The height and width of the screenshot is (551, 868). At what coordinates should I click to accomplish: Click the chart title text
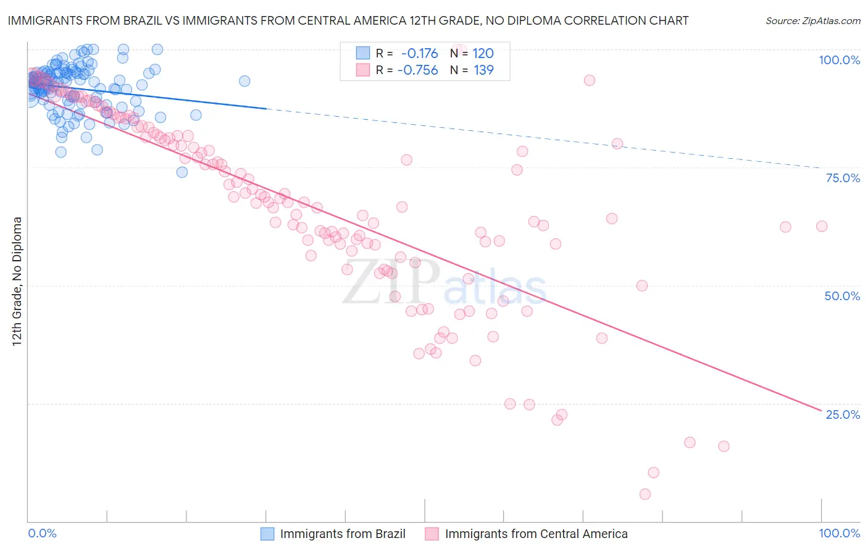(x=348, y=20)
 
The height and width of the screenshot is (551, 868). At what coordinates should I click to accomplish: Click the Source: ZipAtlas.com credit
(x=812, y=20)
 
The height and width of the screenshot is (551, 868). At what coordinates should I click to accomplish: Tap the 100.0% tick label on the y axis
(x=839, y=60)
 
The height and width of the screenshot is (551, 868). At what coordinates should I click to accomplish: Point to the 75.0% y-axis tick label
(x=843, y=178)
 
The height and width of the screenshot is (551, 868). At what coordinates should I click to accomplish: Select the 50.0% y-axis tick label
(x=842, y=296)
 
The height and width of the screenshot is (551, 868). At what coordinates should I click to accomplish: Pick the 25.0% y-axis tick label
(x=843, y=414)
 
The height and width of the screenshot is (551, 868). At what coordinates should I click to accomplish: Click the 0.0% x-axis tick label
(x=42, y=533)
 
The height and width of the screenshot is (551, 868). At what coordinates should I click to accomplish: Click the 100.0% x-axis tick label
(x=839, y=533)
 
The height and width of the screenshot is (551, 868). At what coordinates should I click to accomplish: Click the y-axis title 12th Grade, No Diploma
(x=17, y=281)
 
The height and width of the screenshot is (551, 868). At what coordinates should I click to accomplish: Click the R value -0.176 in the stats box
(x=419, y=54)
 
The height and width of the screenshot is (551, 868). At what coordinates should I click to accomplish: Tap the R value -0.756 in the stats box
(x=417, y=70)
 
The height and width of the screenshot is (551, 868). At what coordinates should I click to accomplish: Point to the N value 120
(x=483, y=54)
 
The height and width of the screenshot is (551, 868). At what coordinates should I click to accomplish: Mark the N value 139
(x=483, y=70)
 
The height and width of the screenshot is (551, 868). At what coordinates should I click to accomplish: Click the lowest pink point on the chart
(x=645, y=494)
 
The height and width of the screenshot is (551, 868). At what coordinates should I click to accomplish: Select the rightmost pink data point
(x=822, y=226)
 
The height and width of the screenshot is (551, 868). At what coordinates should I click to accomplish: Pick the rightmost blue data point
(x=244, y=81)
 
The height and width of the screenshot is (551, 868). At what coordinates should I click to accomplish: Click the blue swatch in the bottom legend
(x=267, y=534)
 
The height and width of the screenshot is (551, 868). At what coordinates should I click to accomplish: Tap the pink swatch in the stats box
(x=362, y=70)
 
